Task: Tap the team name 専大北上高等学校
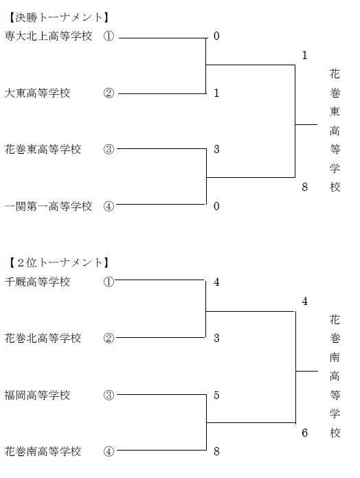pos(48,36)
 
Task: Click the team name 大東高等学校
pos(37,93)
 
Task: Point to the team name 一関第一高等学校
pos(48,207)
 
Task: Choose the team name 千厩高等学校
pos(37,282)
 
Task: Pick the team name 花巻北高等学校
pos(43,338)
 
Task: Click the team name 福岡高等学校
pos(37,395)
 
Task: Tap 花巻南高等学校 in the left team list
pos(43,451)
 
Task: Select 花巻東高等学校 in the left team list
pos(43,150)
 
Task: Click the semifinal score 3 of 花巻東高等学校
pos(216,149)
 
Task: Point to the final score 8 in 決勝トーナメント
pos(304,187)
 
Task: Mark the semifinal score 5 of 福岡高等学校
pos(216,395)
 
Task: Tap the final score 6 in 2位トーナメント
pos(304,433)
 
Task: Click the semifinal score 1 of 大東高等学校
pos(216,93)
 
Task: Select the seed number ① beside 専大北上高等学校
pos(109,36)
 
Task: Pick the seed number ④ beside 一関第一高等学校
pos(109,207)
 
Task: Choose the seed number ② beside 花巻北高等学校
pos(109,338)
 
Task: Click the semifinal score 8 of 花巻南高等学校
pos(216,451)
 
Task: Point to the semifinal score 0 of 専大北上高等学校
pos(216,36)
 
